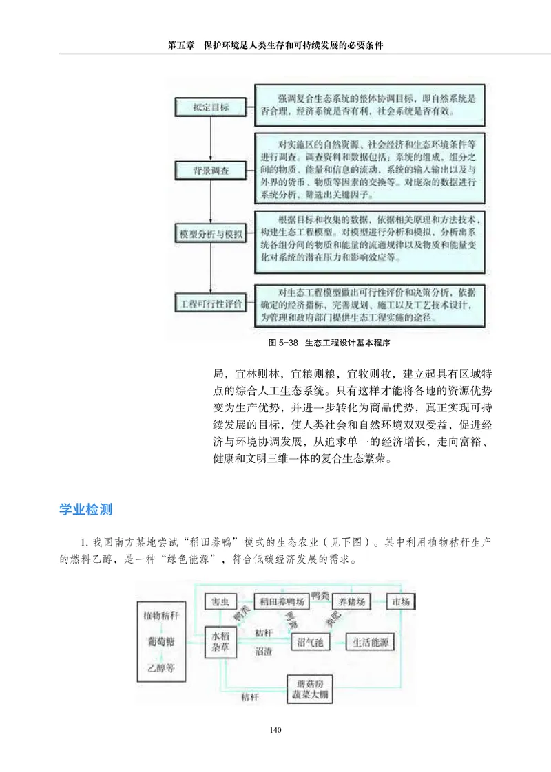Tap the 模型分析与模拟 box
[207, 235]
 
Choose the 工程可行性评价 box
[207, 303]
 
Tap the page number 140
[275, 730]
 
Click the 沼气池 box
[311, 643]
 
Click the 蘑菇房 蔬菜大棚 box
[309, 689]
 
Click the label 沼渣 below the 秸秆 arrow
[263, 650]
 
